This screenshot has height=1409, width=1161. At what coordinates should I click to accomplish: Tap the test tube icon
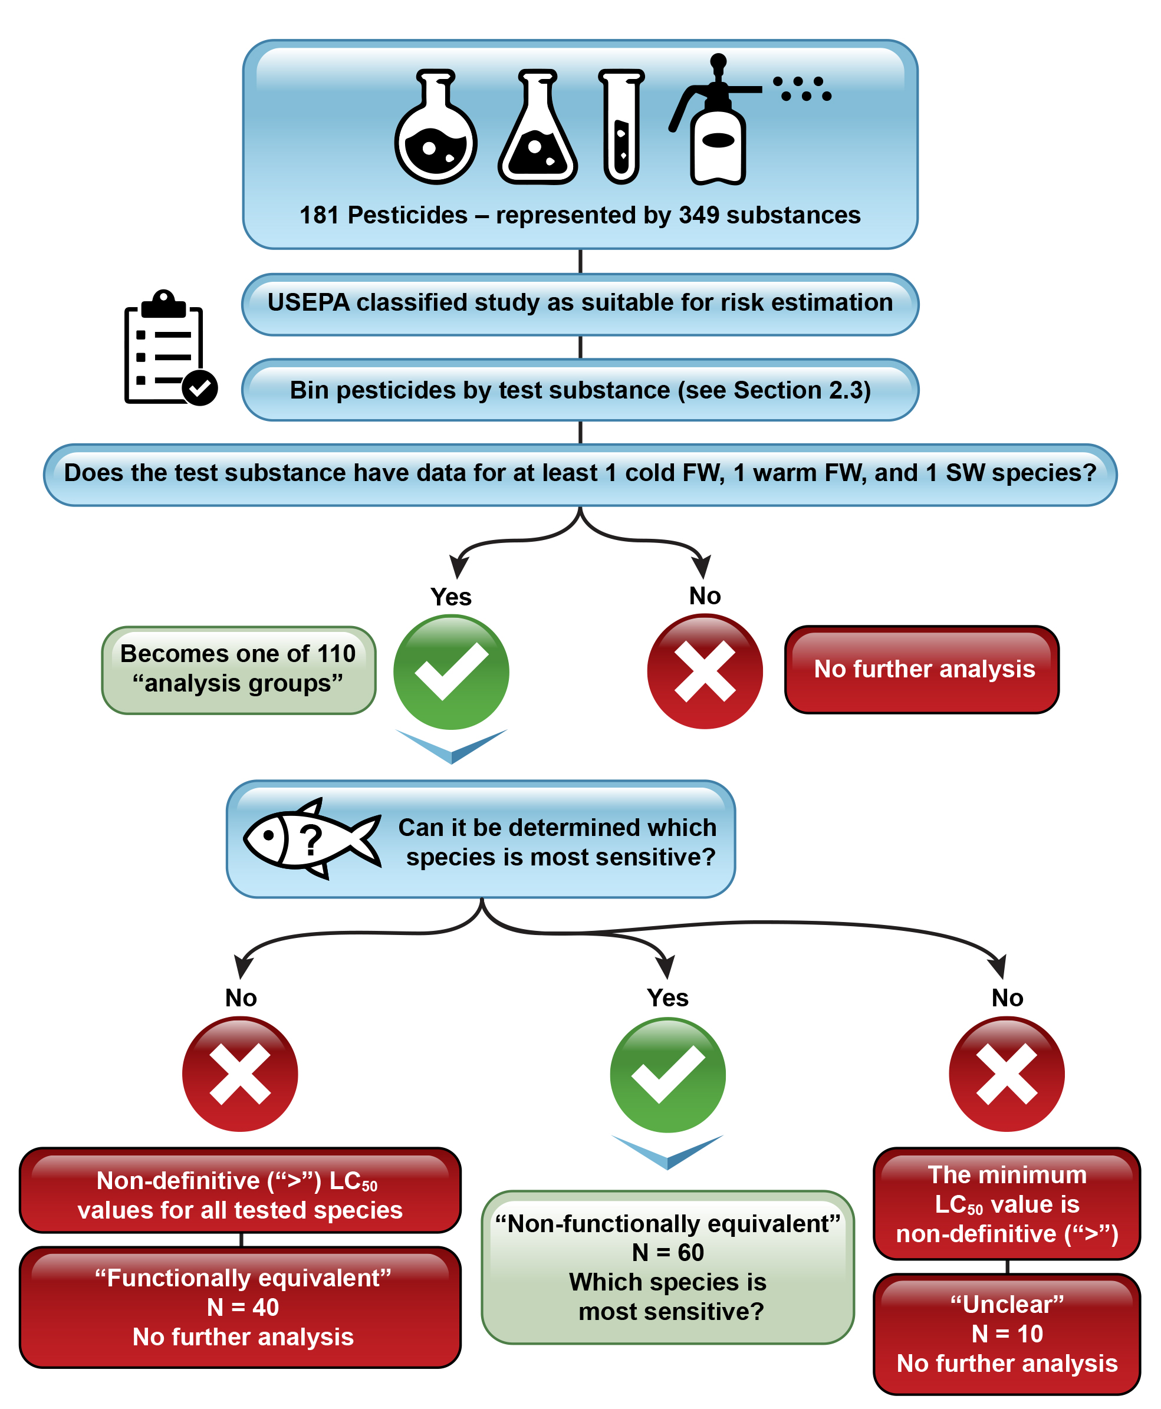point(621,127)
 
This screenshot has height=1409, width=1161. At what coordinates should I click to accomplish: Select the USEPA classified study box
point(580,303)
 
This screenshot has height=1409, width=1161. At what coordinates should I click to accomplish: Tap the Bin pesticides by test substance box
point(580,390)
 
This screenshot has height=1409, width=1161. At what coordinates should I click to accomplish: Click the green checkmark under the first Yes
point(452,671)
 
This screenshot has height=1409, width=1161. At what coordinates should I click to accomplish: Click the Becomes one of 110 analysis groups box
point(238,669)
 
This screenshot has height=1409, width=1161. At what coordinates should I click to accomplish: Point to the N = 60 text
point(667,1253)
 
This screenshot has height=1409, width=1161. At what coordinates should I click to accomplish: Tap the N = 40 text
point(243,1308)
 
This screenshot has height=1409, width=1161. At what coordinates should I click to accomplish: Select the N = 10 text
point(1007,1334)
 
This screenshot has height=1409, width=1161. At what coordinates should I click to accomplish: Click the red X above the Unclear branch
point(1007,1074)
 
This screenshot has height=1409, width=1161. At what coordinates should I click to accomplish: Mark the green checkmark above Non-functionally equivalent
point(667,1075)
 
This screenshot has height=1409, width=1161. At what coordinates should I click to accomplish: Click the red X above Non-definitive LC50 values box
point(240,1074)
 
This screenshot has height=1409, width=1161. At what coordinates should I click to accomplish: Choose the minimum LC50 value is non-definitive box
point(1007,1204)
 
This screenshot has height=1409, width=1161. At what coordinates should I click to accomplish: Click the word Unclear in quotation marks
point(1007,1304)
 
